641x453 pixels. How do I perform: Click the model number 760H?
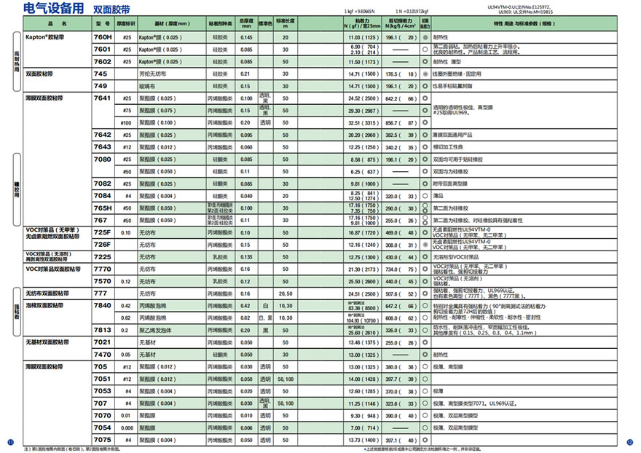[x=103, y=36]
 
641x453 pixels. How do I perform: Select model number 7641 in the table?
[x=103, y=98]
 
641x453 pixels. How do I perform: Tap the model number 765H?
[x=103, y=208]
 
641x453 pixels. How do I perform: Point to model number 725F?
[x=103, y=232]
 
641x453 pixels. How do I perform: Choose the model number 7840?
[x=103, y=305]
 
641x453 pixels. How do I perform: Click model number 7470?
[x=103, y=354]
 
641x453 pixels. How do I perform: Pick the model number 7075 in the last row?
[x=103, y=439]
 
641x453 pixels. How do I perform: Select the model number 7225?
[x=103, y=256]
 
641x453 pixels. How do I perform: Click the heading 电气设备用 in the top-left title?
[x=48, y=9]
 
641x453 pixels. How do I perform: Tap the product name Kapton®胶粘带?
[x=44, y=36]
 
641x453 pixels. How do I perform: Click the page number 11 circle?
[x=9, y=442]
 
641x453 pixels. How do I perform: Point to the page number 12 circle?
[x=631, y=442]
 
